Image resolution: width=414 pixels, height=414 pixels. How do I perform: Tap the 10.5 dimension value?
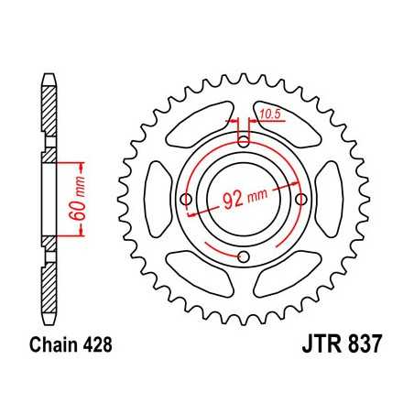click(x=269, y=114)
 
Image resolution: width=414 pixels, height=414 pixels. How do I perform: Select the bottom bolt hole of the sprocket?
click(x=244, y=256)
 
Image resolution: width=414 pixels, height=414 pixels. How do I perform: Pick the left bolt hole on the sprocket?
click(x=187, y=199)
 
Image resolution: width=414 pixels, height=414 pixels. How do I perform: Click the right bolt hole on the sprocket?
click(x=301, y=199)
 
